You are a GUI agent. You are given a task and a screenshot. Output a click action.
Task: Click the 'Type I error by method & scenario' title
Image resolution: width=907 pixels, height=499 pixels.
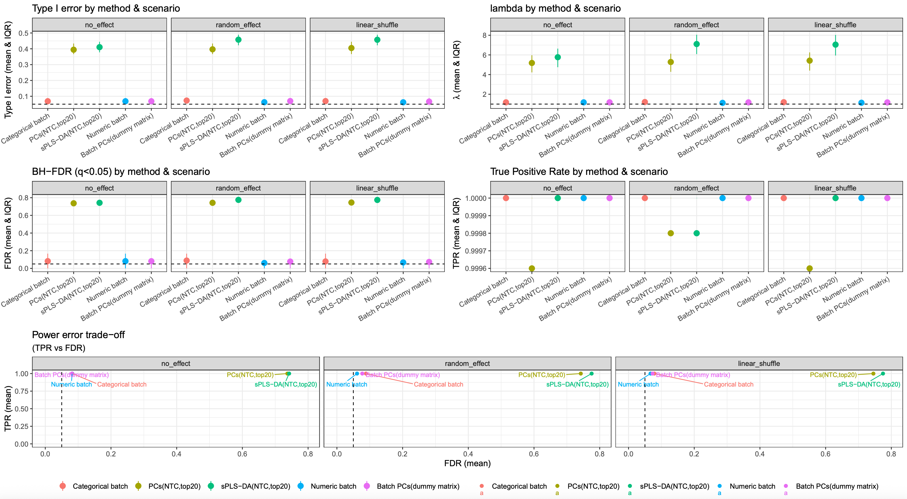(106, 8)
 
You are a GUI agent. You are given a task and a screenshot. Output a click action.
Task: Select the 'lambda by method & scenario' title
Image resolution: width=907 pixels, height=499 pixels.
(555, 8)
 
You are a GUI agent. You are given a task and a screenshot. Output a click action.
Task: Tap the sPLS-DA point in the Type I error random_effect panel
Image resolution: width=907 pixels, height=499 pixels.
(238, 40)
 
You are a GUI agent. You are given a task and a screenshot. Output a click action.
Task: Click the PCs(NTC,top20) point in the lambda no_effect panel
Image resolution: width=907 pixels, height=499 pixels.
(532, 63)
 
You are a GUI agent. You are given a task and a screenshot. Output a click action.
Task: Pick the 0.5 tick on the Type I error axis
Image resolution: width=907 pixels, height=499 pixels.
(24, 33)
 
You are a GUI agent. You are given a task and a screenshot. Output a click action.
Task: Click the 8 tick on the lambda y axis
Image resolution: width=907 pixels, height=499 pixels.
(484, 35)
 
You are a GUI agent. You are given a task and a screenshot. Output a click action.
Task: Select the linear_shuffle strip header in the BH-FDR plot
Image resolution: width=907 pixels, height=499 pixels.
(377, 188)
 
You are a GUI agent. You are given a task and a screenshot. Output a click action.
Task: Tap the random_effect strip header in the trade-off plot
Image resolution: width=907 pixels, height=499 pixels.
(467, 364)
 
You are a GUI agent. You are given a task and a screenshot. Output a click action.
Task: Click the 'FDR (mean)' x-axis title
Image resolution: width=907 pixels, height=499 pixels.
(467, 463)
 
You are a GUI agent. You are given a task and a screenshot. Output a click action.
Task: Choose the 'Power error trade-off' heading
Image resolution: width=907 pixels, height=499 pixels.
(78, 335)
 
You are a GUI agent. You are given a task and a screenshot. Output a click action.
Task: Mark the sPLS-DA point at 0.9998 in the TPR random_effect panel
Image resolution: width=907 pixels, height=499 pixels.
(696, 233)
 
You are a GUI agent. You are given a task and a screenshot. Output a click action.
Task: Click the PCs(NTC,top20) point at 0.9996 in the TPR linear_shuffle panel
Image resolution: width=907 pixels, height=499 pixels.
(809, 268)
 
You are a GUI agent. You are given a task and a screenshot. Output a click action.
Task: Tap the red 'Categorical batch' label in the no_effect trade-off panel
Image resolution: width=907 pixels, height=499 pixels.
(122, 384)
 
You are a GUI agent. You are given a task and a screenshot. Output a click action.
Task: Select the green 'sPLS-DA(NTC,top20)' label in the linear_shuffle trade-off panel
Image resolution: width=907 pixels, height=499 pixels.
(869, 384)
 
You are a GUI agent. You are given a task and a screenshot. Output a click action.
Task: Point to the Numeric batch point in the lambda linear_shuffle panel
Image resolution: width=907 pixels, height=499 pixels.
(861, 103)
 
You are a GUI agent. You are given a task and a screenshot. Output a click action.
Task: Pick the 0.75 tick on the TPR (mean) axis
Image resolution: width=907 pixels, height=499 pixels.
(21, 391)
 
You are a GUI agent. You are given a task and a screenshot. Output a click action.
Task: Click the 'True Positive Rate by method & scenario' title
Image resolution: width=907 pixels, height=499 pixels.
(579, 172)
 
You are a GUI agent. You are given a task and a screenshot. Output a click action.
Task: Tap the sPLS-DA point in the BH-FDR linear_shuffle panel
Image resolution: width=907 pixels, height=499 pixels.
(377, 200)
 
